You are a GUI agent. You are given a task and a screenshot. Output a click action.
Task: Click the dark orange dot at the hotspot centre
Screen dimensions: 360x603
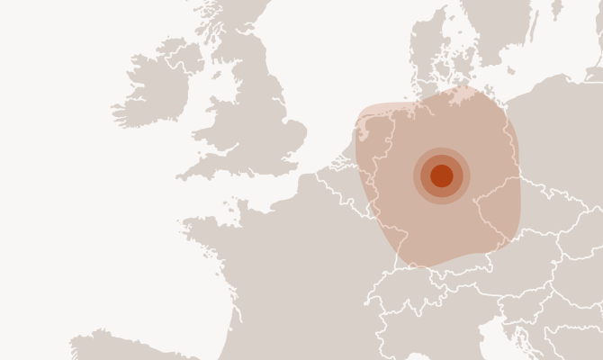pyautogui.click(x=442, y=175)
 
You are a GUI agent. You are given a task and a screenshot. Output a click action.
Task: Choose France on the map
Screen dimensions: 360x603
pyautogui.click(x=288, y=261)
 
